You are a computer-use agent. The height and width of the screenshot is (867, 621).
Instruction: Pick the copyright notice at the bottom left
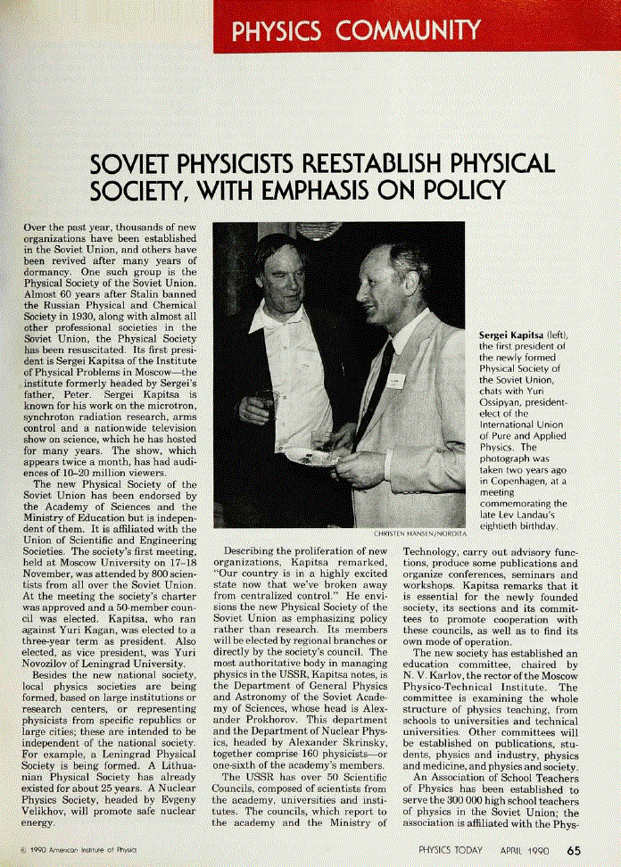click(x=81, y=848)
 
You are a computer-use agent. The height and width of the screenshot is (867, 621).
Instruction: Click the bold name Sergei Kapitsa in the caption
click(x=511, y=335)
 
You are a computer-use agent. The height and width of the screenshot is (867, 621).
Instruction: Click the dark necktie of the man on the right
click(x=376, y=392)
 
